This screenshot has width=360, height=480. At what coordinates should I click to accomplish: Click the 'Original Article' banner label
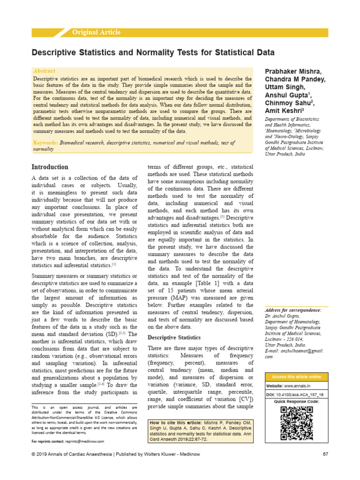click(x=96, y=32)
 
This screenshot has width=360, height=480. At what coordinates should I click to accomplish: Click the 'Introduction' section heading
click(x=50, y=167)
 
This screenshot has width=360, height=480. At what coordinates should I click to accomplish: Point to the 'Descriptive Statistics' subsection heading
click(x=174, y=337)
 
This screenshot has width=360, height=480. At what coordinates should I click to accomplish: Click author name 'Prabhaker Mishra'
click(x=293, y=71)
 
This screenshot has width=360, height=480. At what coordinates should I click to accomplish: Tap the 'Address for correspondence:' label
click(x=293, y=310)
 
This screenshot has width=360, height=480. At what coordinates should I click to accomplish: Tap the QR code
click(x=296, y=424)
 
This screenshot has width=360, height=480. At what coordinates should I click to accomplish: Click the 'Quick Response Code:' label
click(x=296, y=402)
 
